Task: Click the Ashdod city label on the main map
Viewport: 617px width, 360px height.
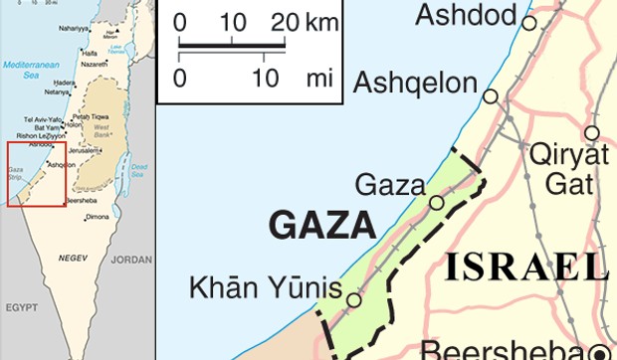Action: pos(467,15)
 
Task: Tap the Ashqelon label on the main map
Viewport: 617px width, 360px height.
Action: pos(424,83)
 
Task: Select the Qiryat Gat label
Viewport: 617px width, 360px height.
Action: pos(569,169)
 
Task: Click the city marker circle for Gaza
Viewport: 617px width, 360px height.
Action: pos(437,203)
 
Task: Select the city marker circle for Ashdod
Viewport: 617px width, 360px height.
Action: pos(528,22)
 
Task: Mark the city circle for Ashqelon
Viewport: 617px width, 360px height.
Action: pos(491,96)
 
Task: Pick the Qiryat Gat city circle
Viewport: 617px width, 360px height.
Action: pos(592,132)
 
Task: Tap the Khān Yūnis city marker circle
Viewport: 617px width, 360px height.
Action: pos(353,297)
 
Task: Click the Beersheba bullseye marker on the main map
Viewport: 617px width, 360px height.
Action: pos(599,350)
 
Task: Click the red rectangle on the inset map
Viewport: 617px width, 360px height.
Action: pos(37,174)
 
